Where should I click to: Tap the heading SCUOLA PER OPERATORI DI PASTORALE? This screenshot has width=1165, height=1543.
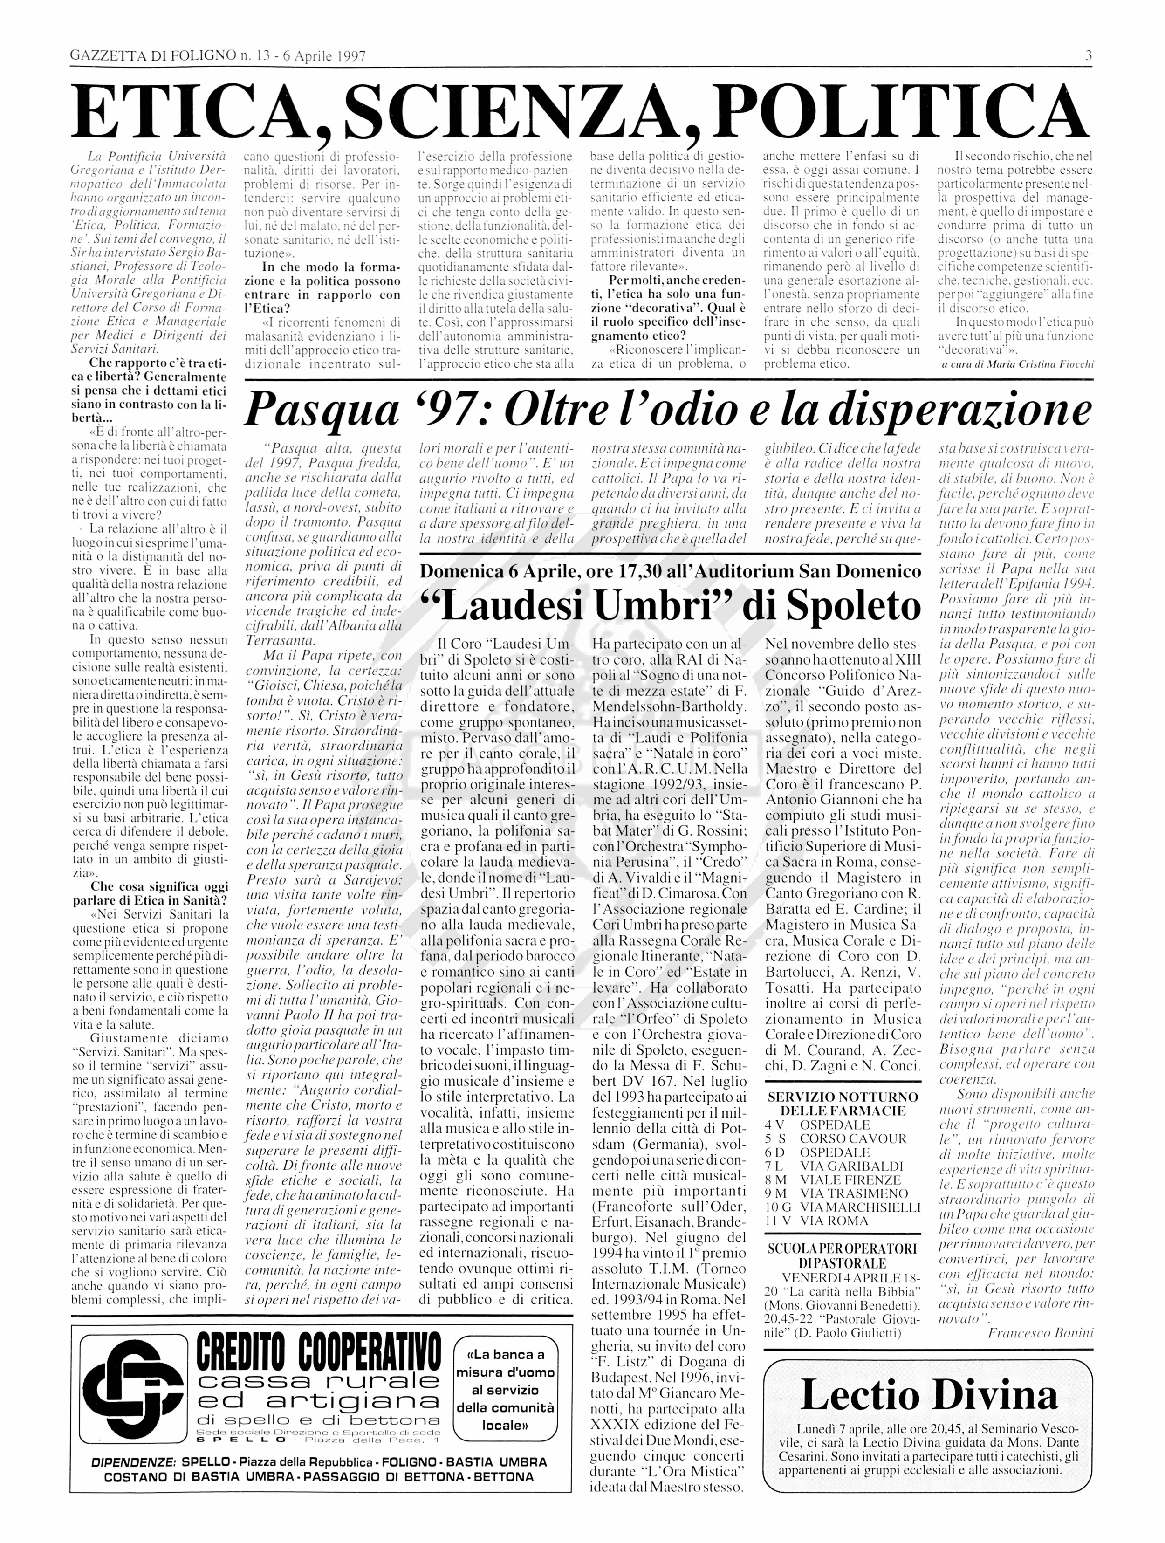click(x=843, y=1255)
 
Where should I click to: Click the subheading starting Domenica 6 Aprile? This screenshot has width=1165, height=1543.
click(x=670, y=571)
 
